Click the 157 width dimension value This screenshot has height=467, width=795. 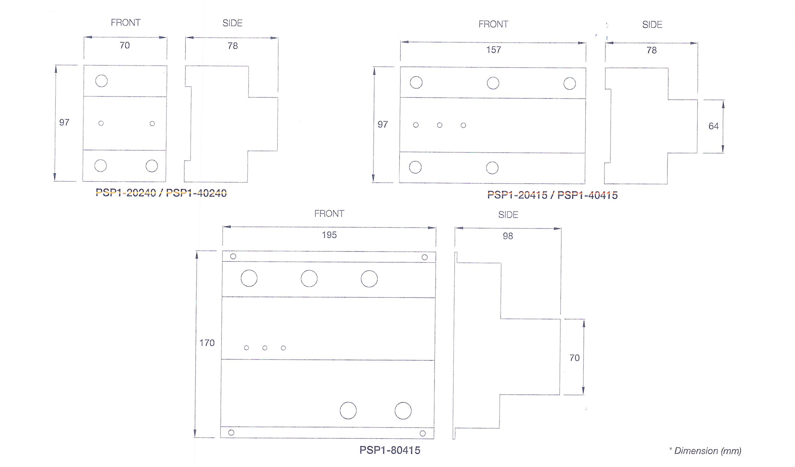tap(493, 50)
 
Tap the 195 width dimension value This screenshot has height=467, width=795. tap(329, 235)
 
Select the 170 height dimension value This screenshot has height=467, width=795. tap(207, 343)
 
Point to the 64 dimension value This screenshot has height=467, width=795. tap(713, 126)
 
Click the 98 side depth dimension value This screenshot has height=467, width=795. tap(508, 236)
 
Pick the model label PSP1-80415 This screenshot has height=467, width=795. tap(389, 450)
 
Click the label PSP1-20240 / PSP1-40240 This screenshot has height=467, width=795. tap(161, 193)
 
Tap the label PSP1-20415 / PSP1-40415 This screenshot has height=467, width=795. tap(552, 195)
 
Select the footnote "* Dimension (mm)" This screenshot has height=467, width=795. tap(705, 451)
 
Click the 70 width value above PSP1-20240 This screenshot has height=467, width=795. tap(125, 45)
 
